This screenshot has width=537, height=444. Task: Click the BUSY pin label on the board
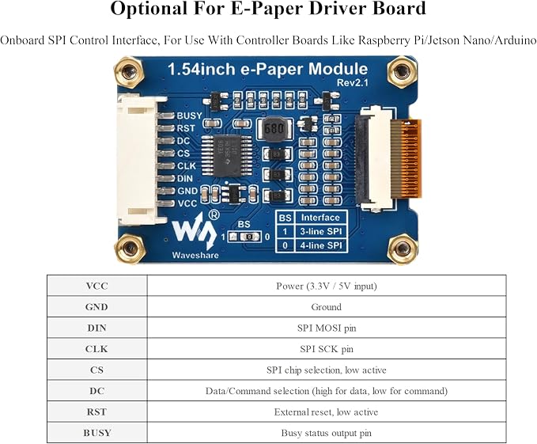(x=189, y=116)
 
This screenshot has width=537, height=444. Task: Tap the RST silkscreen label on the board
(x=186, y=128)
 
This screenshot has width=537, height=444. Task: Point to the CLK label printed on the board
(x=187, y=166)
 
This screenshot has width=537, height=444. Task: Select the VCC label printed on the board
(x=187, y=203)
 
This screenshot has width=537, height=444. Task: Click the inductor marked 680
(x=274, y=128)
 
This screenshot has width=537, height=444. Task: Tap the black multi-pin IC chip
(x=226, y=156)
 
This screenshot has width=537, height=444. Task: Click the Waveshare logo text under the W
(x=195, y=255)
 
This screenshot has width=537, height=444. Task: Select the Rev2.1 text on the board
(x=353, y=82)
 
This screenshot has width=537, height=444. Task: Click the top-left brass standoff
(x=128, y=71)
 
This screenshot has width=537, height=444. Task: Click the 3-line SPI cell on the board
(x=321, y=232)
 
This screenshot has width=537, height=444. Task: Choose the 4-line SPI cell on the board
(x=321, y=245)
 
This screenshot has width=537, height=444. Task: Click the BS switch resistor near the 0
(x=251, y=237)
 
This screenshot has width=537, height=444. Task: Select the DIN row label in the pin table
(x=97, y=328)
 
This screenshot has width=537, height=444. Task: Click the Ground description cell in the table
(x=327, y=306)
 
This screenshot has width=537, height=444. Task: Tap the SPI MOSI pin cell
(x=327, y=328)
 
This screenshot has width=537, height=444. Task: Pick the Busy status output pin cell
(x=327, y=433)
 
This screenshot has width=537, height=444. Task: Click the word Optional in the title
(x=149, y=9)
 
